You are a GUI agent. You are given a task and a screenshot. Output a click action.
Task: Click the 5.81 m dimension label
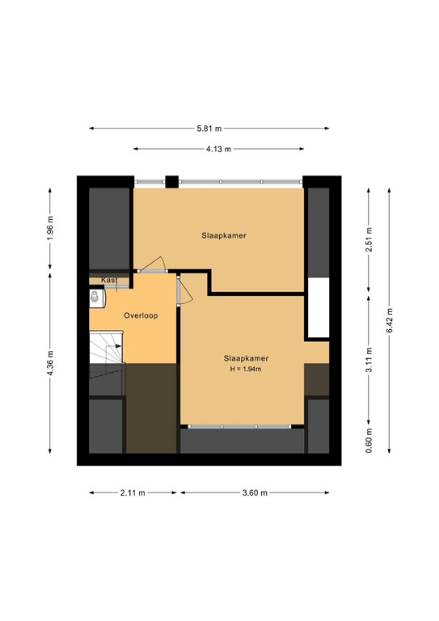(x=209, y=129)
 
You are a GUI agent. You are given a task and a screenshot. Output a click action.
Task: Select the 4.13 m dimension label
(x=218, y=149)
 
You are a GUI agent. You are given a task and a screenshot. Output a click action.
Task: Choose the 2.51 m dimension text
(x=369, y=239)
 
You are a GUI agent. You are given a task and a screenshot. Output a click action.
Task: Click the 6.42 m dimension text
(x=390, y=320)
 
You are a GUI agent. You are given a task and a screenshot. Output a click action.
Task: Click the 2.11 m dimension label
(x=133, y=492)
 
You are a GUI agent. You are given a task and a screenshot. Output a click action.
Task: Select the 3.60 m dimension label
(x=255, y=492)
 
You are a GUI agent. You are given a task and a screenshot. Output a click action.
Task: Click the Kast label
(x=109, y=280)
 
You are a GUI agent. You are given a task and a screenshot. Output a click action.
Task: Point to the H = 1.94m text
(x=246, y=370)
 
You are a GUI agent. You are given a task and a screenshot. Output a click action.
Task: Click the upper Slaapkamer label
(x=224, y=235)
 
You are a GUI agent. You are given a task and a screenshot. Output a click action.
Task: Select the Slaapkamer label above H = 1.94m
(x=246, y=357)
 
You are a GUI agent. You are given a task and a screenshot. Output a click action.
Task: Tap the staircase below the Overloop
(x=106, y=353)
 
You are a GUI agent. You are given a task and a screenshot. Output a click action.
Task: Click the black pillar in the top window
(x=171, y=182)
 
